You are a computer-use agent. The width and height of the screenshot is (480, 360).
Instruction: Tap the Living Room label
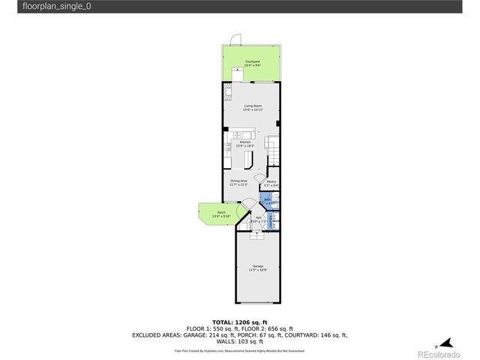pyautogui.click(x=252, y=108)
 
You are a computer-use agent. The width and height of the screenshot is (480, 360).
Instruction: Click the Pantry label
pyautogui.click(x=271, y=182)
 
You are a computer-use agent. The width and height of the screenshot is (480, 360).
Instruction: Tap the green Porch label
pyautogui.click(x=221, y=214)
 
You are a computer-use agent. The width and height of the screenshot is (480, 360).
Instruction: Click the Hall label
pyautogui.click(x=257, y=219)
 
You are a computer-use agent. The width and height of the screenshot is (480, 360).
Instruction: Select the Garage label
pyautogui.click(x=257, y=268)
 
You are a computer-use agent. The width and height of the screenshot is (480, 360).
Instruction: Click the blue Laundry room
pyautogui.click(x=273, y=220)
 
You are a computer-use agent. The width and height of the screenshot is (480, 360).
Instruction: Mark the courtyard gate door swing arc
pyautogui.click(x=235, y=39)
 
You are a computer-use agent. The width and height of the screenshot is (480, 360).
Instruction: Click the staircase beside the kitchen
pyautogui.click(x=273, y=150)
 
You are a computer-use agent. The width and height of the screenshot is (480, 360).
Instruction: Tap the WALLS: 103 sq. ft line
pyautogui.click(x=240, y=341)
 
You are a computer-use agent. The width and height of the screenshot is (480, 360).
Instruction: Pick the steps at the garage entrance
pyautogui.click(x=257, y=235)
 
